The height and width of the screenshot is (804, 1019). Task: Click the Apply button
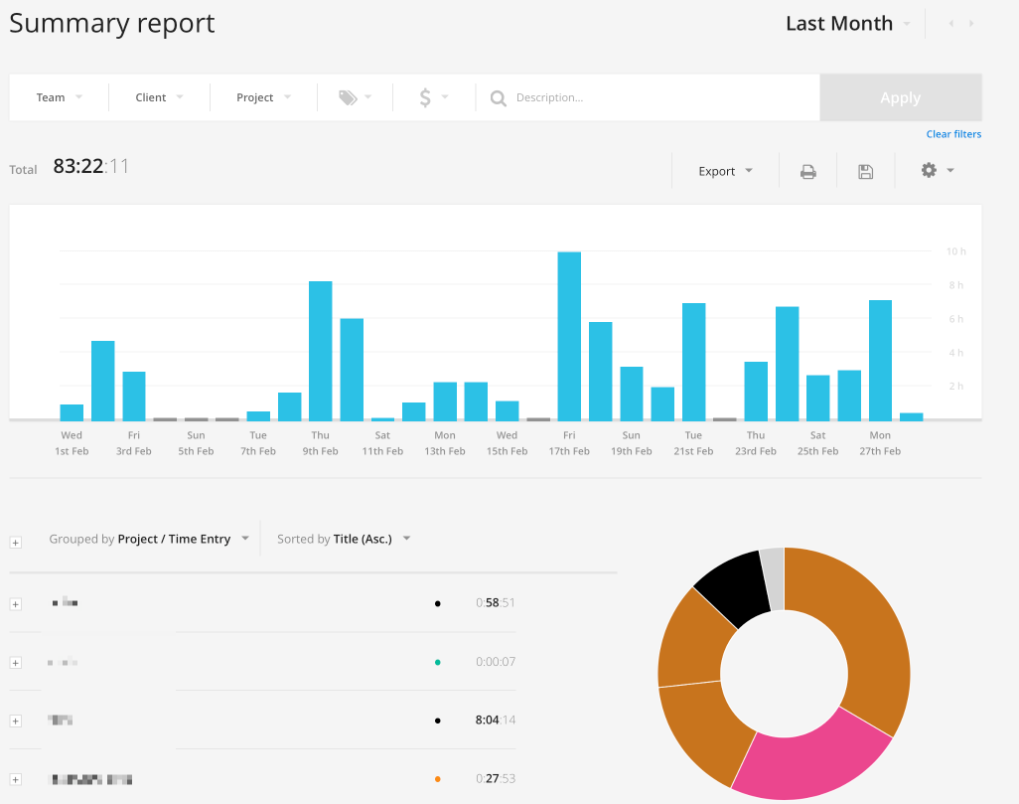900,97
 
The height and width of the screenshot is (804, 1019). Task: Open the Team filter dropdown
59,97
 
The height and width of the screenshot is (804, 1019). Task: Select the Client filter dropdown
159,97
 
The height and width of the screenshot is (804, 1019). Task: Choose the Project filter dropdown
263,97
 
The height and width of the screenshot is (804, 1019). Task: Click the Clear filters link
953,134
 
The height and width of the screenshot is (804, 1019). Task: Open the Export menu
725,171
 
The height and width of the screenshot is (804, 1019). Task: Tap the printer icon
808,171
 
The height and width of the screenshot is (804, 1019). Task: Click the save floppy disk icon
865,171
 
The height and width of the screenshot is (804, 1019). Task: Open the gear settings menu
937,171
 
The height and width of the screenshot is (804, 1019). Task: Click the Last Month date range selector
847,24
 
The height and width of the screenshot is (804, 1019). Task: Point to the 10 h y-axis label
954,251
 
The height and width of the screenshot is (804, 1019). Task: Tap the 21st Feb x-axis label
693,451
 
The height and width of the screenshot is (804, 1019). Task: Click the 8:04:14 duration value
496,721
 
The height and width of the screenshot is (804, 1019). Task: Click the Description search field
646,97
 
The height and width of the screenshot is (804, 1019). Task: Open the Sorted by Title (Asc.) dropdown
344,539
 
